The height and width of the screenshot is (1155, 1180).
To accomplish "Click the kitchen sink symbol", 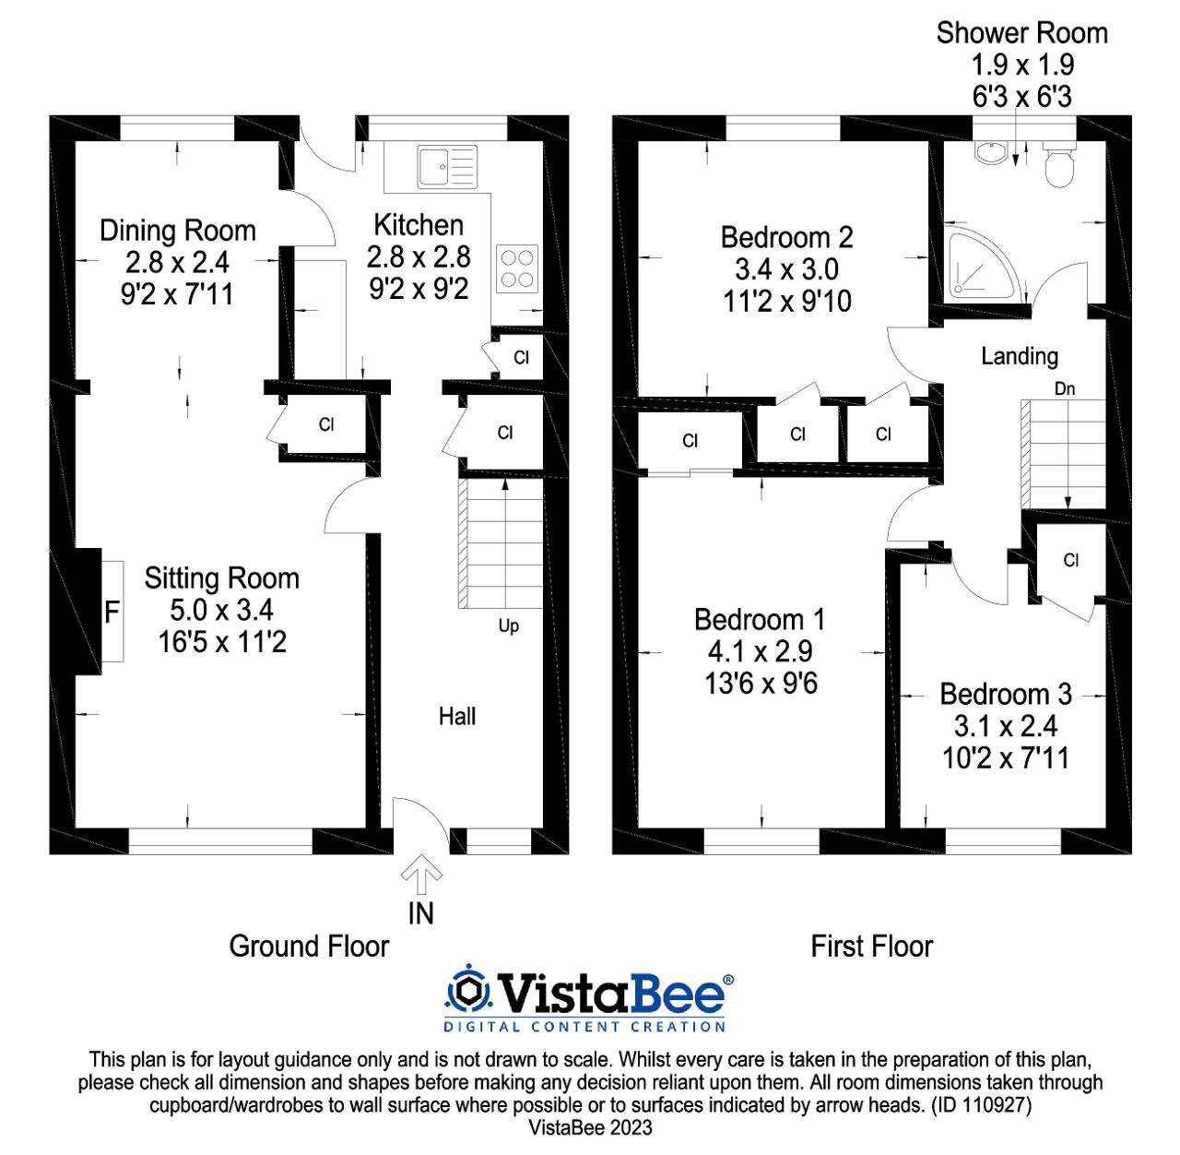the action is pos(447,167).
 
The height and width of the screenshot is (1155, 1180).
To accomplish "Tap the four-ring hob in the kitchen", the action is pos(517,268).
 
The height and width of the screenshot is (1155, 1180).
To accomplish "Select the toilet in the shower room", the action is pos(1059,163).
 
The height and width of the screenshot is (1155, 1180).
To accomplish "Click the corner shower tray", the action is pos(982,266).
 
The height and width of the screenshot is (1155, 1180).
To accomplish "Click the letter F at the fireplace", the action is pos(112,612).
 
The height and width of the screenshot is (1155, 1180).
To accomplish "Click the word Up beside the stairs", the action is pos(508,626).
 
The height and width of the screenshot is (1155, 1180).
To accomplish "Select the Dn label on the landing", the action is pos(1064,388).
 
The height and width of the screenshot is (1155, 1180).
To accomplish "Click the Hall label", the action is pos(456,716).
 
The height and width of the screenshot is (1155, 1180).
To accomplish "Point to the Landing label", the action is pos(1020,356).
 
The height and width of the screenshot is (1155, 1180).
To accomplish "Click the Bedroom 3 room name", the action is pos(1006,695).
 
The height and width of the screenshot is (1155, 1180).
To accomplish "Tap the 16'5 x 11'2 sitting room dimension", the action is pos(222,641).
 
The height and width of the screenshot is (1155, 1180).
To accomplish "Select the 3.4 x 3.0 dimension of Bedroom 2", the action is pos(786,268).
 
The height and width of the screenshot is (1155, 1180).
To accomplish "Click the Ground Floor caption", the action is pos(309,947).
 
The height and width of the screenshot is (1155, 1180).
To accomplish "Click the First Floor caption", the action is pos(871,947).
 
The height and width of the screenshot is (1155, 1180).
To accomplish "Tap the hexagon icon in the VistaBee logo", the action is pos(467,991).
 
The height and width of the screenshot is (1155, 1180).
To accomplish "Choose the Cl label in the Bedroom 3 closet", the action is pos(1071,560).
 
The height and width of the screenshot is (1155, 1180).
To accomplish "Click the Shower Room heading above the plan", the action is pos(1021,33).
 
